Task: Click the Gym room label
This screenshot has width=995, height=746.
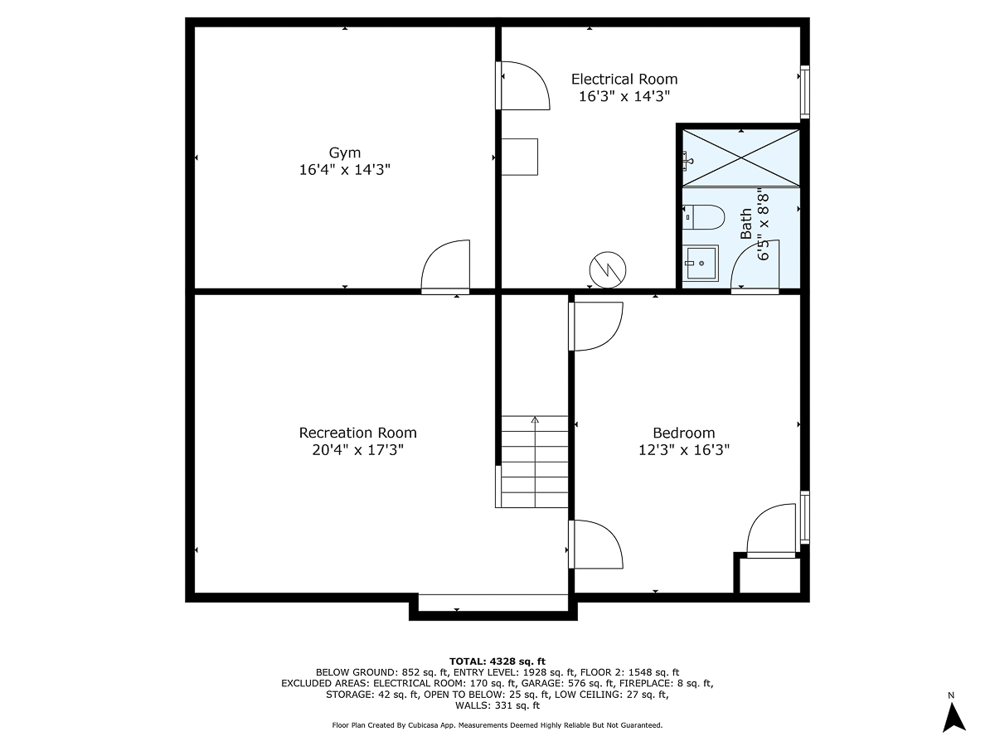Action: (x=345, y=153)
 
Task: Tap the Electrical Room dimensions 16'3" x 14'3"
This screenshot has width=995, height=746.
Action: (x=624, y=96)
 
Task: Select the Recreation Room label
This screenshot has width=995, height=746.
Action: (x=357, y=433)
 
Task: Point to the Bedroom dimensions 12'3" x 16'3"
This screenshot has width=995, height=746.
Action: (x=683, y=450)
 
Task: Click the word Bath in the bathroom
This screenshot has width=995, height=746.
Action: (x=746, y=224)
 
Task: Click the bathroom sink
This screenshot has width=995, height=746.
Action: (x=701, y=263)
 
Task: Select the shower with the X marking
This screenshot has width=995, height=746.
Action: (x=740, y=157)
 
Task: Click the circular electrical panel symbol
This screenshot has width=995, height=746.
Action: (x=608, y=269)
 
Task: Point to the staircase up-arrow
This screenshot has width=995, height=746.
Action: (x=535, y=421)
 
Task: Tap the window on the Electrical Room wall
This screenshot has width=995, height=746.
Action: (x=803, y=91)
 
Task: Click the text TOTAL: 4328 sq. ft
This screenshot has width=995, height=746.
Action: (x=497, y=661)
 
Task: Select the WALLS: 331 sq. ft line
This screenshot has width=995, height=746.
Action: (x=497, y=706)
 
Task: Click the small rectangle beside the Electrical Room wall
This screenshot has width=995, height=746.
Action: (x=520, y=157)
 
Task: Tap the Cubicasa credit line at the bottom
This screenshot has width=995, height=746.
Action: (x=497, y=725)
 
